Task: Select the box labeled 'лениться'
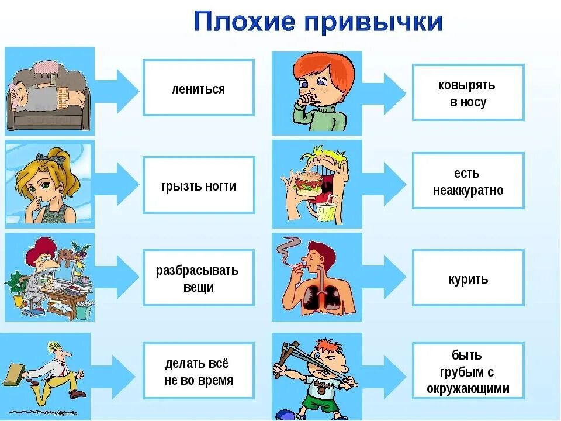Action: click(199, 88)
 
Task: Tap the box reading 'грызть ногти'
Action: click(199, 185)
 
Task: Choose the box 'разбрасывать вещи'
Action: click(199, 278)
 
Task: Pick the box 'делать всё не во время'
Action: click(199, 371)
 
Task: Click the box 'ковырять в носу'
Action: click(468, 93)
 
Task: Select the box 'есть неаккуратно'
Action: click(468, 181)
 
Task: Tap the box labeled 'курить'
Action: click(468, 278)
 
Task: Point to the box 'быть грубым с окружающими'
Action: click(468, 371)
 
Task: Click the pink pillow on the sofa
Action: click(44, 70)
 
